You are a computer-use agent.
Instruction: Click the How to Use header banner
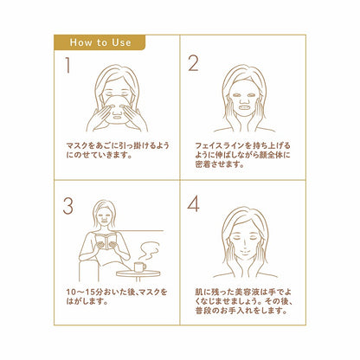pos(99,42)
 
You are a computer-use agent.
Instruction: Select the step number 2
pos(193,63)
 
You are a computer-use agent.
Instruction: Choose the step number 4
pos(194,204)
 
